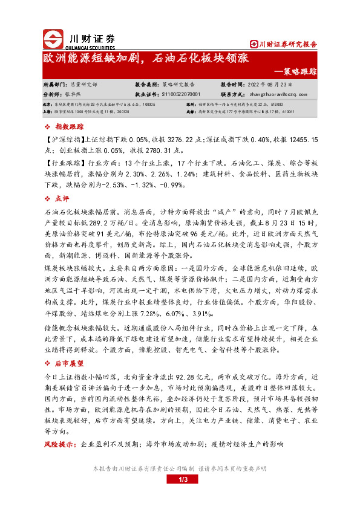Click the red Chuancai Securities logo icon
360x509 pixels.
53,38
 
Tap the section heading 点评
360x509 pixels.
62,198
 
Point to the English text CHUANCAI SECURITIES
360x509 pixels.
93,46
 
